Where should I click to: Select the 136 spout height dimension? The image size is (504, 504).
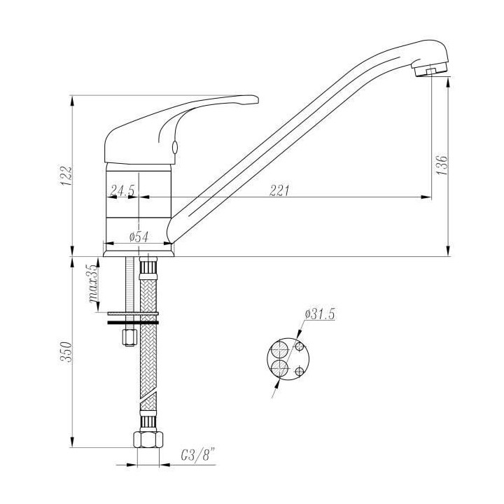click(442, 165)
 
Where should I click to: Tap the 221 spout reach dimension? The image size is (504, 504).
click(279, 190)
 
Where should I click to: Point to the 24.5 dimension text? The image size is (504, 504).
click(122, 190)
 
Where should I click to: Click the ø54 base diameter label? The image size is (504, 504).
click(139, 237)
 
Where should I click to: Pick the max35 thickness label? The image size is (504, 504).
click(94, 283)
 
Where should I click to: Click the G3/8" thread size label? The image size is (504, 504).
click(197, 455)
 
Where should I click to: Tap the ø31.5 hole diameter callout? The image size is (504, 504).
click(320, 314)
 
